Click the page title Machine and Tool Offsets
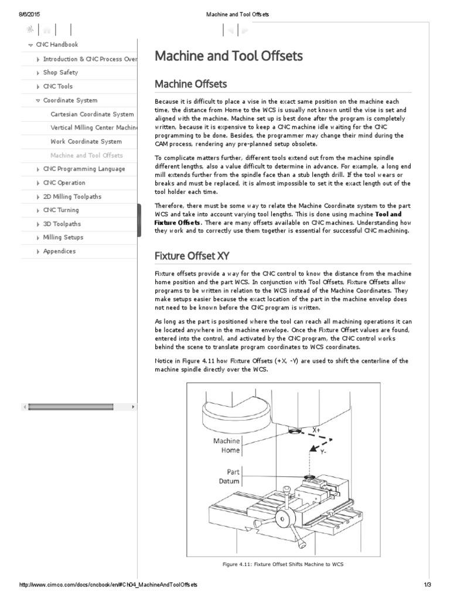tap(229, 56)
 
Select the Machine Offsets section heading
tap(190, 84)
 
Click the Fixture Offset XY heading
tap(192, 255)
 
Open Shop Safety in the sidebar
tap(60, 73)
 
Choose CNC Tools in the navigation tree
tap(58, 86)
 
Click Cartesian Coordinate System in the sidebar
tap(92, 114)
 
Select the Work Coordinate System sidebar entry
tap(86, 141)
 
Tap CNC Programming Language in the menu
tap(84, 169)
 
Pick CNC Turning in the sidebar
tap(61, 210)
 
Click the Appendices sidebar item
tap(59, 251)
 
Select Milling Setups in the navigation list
tap(63, 237)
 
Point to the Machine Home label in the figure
tap(226, 445)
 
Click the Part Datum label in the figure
tap(229, 476)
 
